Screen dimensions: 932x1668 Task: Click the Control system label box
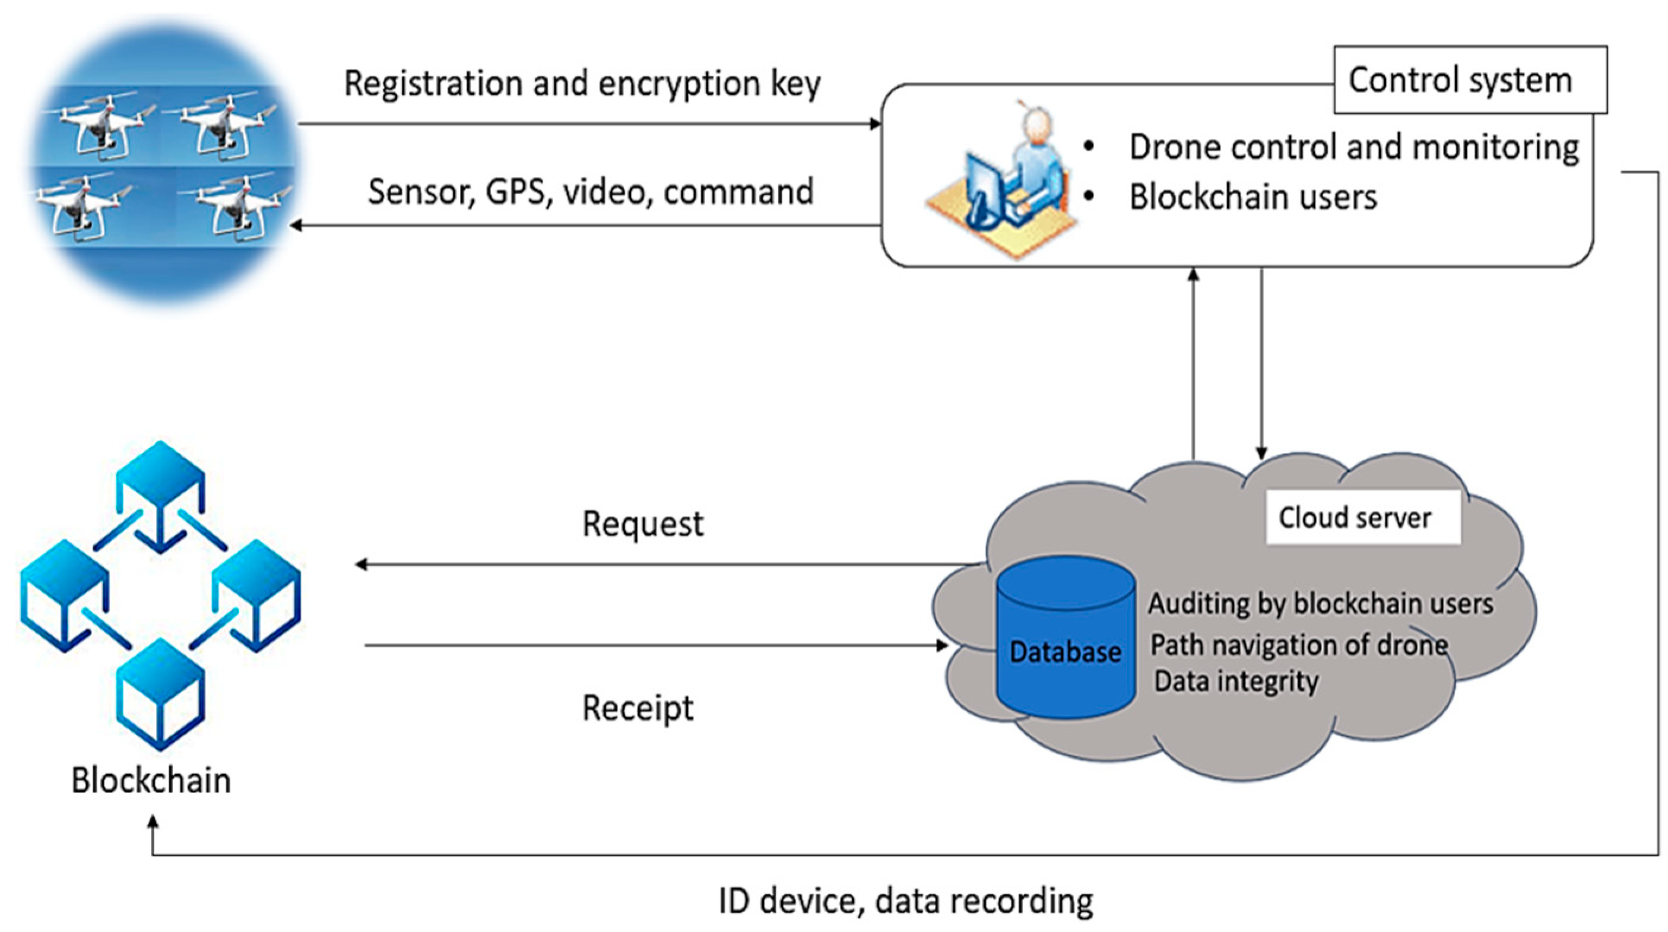(x=1470, y=80)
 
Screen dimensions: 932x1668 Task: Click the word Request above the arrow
(x=642, y=524)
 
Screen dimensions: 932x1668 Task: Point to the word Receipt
(x=638, y=707)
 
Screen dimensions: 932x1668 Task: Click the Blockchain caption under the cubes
(x=151, y=780)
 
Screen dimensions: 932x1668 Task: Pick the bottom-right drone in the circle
(x=236, y=207)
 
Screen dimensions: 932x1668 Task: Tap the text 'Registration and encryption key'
(x=582, y=84)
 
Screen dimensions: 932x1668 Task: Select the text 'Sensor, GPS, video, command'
(x=591, y=192)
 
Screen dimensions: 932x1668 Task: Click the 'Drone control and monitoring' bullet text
(x=1354, y=147)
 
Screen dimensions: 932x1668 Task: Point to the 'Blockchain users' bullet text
(x=1253, y=197)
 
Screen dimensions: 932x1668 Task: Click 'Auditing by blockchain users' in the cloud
(x=1320, y=604)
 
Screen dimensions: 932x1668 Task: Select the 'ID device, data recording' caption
(x=906, y=901)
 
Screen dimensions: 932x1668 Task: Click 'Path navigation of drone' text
(x=1299, y=645)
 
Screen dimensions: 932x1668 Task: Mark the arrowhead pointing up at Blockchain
(x=153, y=823)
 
